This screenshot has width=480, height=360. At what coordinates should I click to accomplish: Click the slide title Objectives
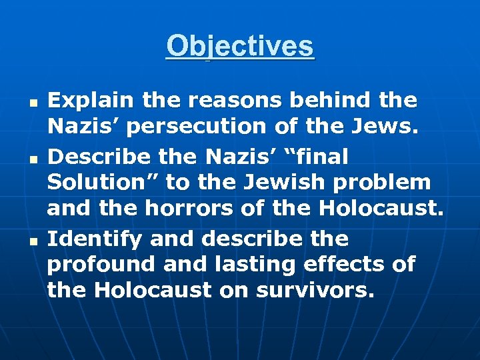coord(240,46)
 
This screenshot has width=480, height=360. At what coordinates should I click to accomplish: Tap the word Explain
coord(84,101)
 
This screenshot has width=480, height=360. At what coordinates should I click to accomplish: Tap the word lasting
coord(258,265)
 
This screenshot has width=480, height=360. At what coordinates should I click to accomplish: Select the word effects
coord(349,265)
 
